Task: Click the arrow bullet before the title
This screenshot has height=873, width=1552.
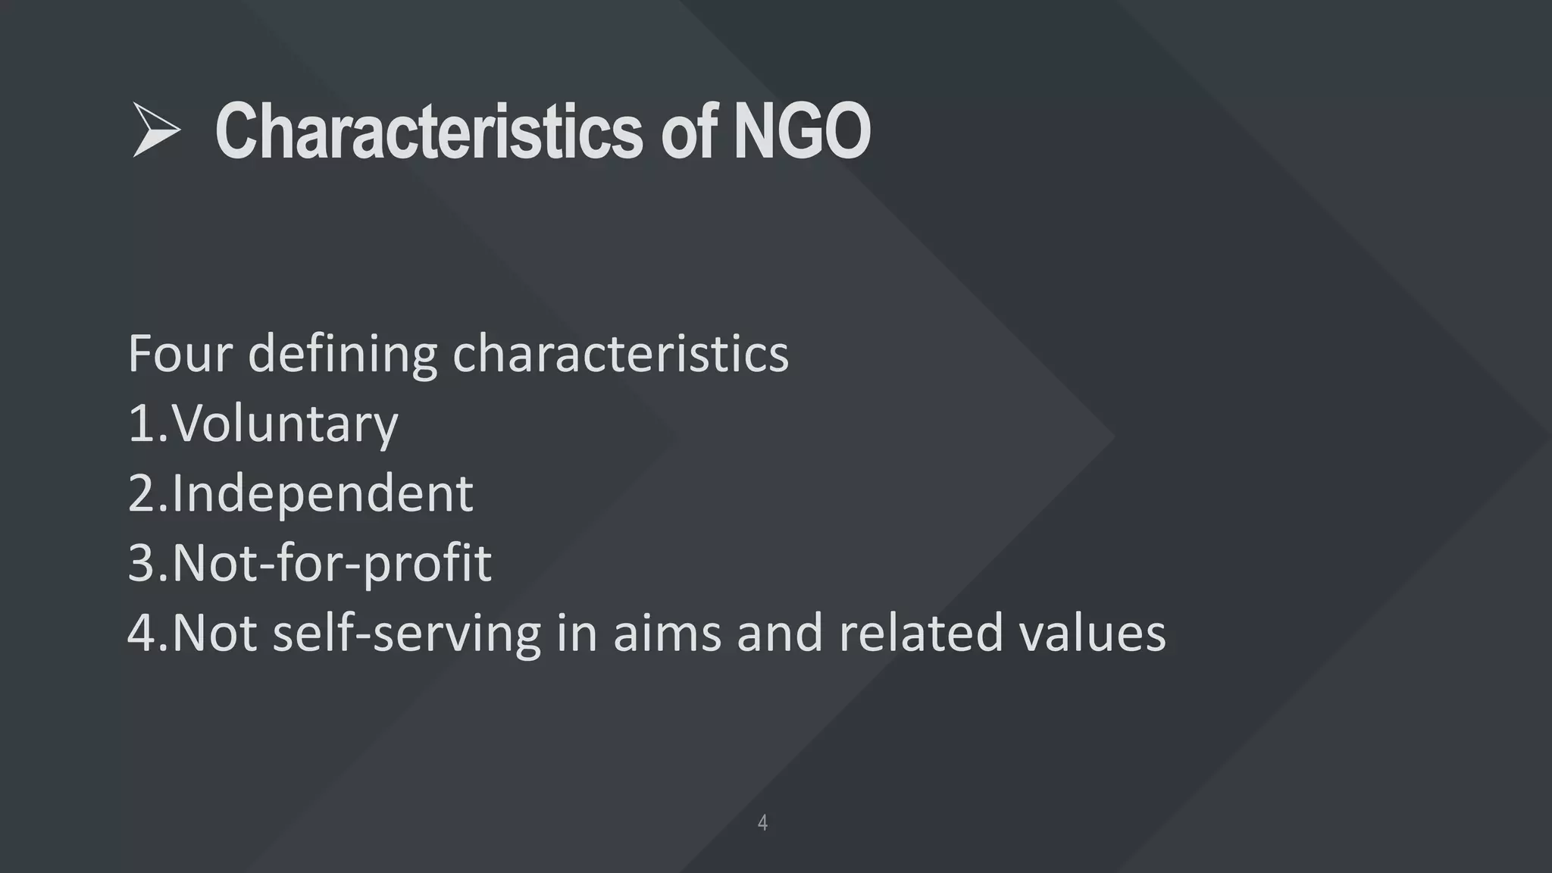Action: (x=156, y=130)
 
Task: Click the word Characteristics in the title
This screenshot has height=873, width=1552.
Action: (x=429, y=132)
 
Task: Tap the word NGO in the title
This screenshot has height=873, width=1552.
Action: (x=802, y=132)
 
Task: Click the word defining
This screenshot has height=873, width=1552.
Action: (x=343, y=354)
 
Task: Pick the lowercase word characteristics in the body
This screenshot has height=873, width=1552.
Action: (x=621, y=354)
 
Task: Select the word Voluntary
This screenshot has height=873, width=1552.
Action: (x=285, y=424)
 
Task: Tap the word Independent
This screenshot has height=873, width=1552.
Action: (x=323, y=493)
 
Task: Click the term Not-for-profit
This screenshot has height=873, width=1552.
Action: (x=332, y=563)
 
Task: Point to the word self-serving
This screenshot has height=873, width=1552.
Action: (x=406, y=633)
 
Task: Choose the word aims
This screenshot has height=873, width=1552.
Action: (x=667, y=633)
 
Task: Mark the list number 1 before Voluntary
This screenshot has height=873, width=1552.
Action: (x=142, y=424)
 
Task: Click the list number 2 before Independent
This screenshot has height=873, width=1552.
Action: (x=142, y=493)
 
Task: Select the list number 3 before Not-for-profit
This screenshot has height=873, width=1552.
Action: (x=142, y=563)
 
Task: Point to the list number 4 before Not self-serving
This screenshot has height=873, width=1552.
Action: (x=142, y=633)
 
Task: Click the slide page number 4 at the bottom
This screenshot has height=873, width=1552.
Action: (x=762, y=822)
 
